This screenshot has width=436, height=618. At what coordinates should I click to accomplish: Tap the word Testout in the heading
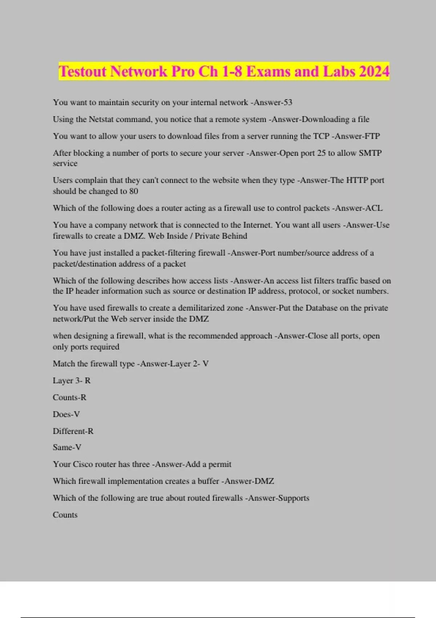point(83,72)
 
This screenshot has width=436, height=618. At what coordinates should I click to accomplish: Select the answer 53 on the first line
point(288,103)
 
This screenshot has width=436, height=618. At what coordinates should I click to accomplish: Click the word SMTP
point(370,153)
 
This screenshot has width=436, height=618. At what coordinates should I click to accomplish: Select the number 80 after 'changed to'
point(133,191)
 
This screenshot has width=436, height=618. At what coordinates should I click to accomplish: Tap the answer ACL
point(374,208)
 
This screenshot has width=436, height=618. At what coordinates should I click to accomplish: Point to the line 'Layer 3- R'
point(72,381)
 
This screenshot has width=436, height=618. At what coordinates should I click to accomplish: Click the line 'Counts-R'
point(69,397)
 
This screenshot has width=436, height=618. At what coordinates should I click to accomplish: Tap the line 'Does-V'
point(66,414)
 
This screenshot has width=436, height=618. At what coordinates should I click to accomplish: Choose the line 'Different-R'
point(73,431)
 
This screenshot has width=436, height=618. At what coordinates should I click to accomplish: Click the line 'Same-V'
point(67,448)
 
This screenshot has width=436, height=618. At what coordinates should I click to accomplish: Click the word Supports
point(294,498)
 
